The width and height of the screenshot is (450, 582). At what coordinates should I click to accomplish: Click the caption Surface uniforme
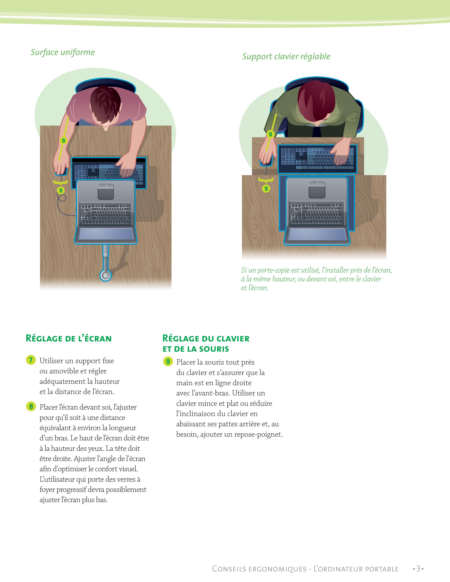63,52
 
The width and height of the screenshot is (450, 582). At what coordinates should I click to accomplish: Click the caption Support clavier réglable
286,56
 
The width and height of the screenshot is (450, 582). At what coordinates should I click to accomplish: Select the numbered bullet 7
31,360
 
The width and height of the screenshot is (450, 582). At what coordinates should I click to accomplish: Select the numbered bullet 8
31,406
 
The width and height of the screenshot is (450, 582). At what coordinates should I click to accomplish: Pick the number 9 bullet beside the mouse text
168,361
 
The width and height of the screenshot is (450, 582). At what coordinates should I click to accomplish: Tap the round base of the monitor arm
106,275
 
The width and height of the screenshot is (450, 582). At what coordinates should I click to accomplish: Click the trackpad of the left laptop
106,192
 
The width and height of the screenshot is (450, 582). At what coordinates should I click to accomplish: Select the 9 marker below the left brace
61,190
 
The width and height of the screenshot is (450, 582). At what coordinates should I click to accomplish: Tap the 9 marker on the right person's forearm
270,134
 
